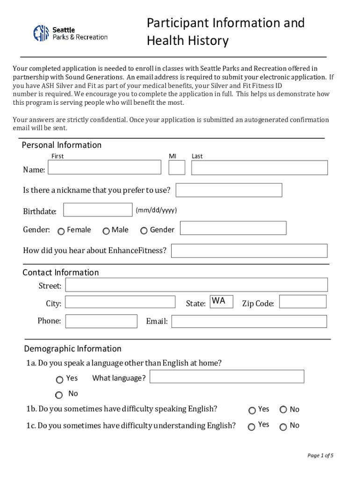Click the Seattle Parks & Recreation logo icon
(x=41, y=33)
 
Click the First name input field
(x=105, y=167)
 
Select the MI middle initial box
(x=177, y=167)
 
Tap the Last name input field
(x=259, y=168)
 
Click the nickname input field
(x=229, y=190)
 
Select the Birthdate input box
(x=98, y=210)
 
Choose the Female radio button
(x=61, y=231)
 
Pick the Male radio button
(x=106, y=231)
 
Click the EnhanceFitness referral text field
(x=249, y=251)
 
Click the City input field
(x=120, y=302)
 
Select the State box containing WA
(x=221, y=302)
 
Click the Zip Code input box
(x=303, y=302)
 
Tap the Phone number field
(x=101, y=321)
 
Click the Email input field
(x=249, y=321)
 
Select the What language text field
(x=227, y=377)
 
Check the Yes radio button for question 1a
(x=59, y=380)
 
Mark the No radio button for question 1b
(x=283, y=410)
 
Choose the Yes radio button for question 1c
(x=252, y=427)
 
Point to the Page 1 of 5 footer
(x=320, y=456)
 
